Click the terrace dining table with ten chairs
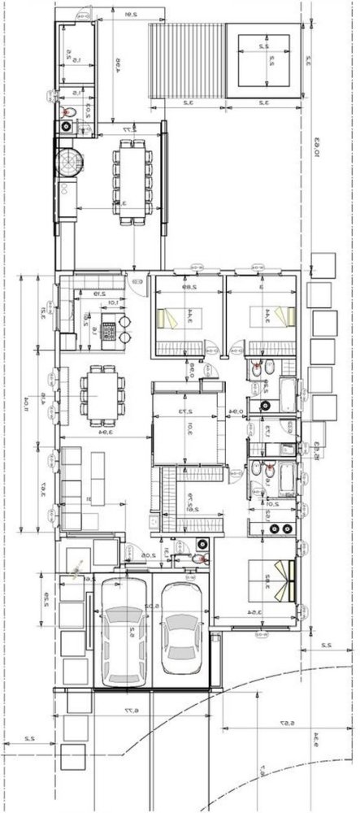point(131,182)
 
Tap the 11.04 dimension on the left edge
point(26,400)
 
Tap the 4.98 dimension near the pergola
point(117,62)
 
